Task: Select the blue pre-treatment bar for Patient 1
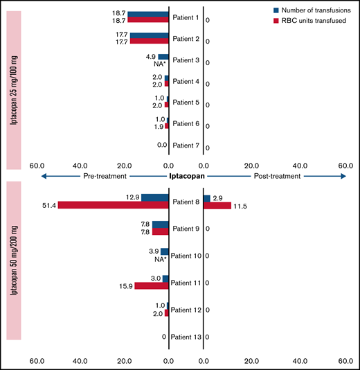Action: [148, 14]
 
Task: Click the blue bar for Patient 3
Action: [163, 57]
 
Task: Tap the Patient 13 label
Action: [188, 337]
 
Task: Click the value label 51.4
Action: [49, 206]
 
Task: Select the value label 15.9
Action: [125, 286]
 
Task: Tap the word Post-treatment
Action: [278, 177]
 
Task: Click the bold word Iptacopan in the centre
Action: [187, 177]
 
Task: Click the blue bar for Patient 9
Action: [161, 224]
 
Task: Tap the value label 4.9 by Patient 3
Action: [150, 56]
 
